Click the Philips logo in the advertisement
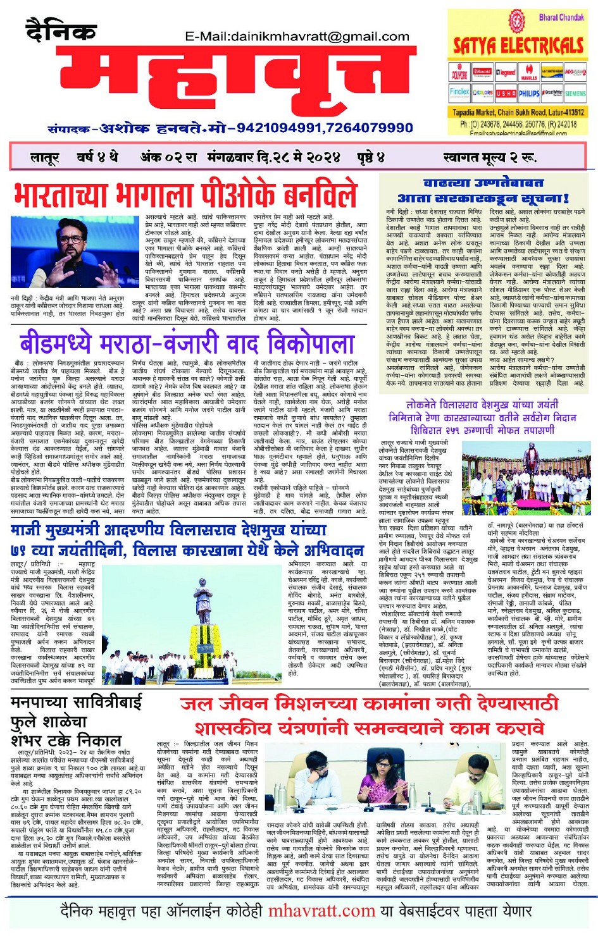tap(529, 93)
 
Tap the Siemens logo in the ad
tap(575, 93)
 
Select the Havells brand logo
tap(529, 73)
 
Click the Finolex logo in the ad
tap(460, 92)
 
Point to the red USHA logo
tap(506, 93)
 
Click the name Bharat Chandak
tap(561, 17)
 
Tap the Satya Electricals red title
tap(518, 46)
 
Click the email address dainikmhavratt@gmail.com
tap(297, 37)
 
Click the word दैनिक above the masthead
tap(61, 30)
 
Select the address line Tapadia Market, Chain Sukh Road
tap(518, 112)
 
